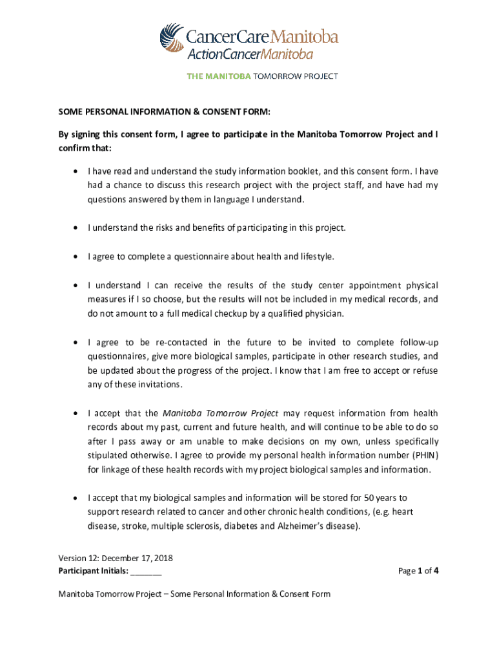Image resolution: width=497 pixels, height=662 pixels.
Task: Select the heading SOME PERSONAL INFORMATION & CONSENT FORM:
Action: [x=165, y=112]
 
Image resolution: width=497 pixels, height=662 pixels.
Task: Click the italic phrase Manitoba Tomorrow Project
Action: [x=220, y=413]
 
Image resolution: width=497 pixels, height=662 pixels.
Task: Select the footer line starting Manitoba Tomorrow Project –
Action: [x=194, y=594]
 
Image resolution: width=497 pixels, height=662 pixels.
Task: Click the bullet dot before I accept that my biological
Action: [x=77, y=498]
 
